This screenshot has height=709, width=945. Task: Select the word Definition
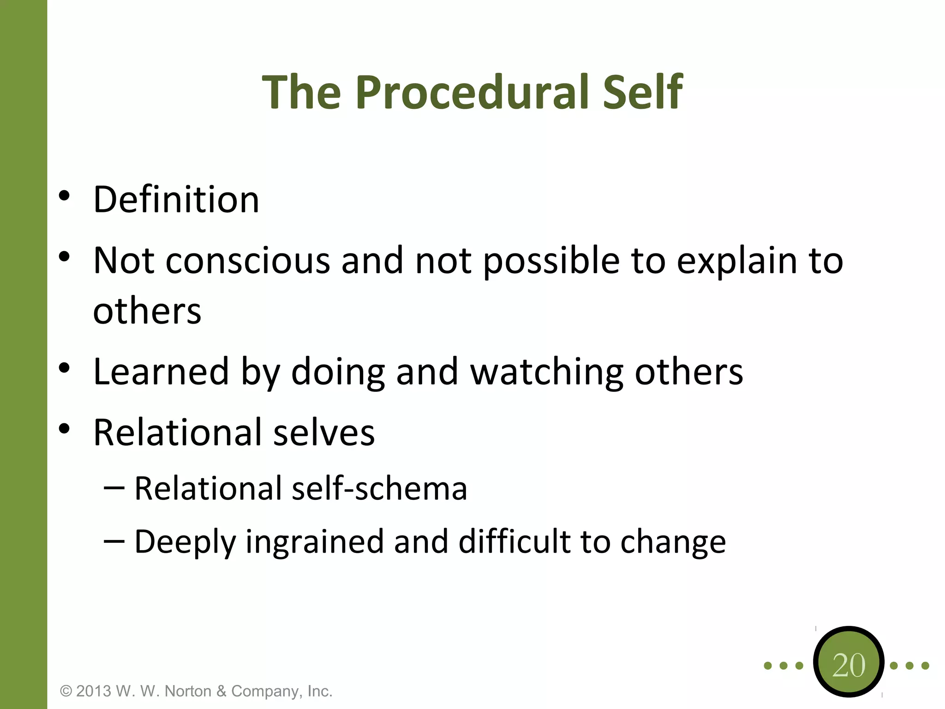176,199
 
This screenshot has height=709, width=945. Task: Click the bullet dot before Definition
64,196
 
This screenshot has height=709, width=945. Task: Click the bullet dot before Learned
64,368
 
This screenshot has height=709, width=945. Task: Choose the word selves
324,433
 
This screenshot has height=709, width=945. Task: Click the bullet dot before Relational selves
64,429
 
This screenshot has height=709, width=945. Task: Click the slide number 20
849,665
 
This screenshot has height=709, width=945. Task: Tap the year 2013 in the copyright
94,691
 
